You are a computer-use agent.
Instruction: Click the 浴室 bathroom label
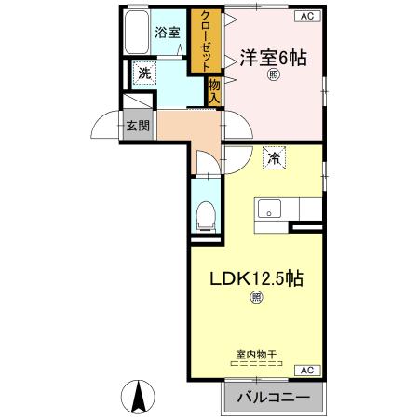[x=167, y=32]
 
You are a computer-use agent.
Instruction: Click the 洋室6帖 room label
[x=273, y=57]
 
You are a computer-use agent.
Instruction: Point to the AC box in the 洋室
[x=305, y=17]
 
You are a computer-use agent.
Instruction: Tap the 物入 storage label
[x=213, y=90]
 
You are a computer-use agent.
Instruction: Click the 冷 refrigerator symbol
[x=274, y=158]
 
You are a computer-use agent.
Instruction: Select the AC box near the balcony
[x=304, y=370]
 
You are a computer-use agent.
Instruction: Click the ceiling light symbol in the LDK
[x=256, y=298]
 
